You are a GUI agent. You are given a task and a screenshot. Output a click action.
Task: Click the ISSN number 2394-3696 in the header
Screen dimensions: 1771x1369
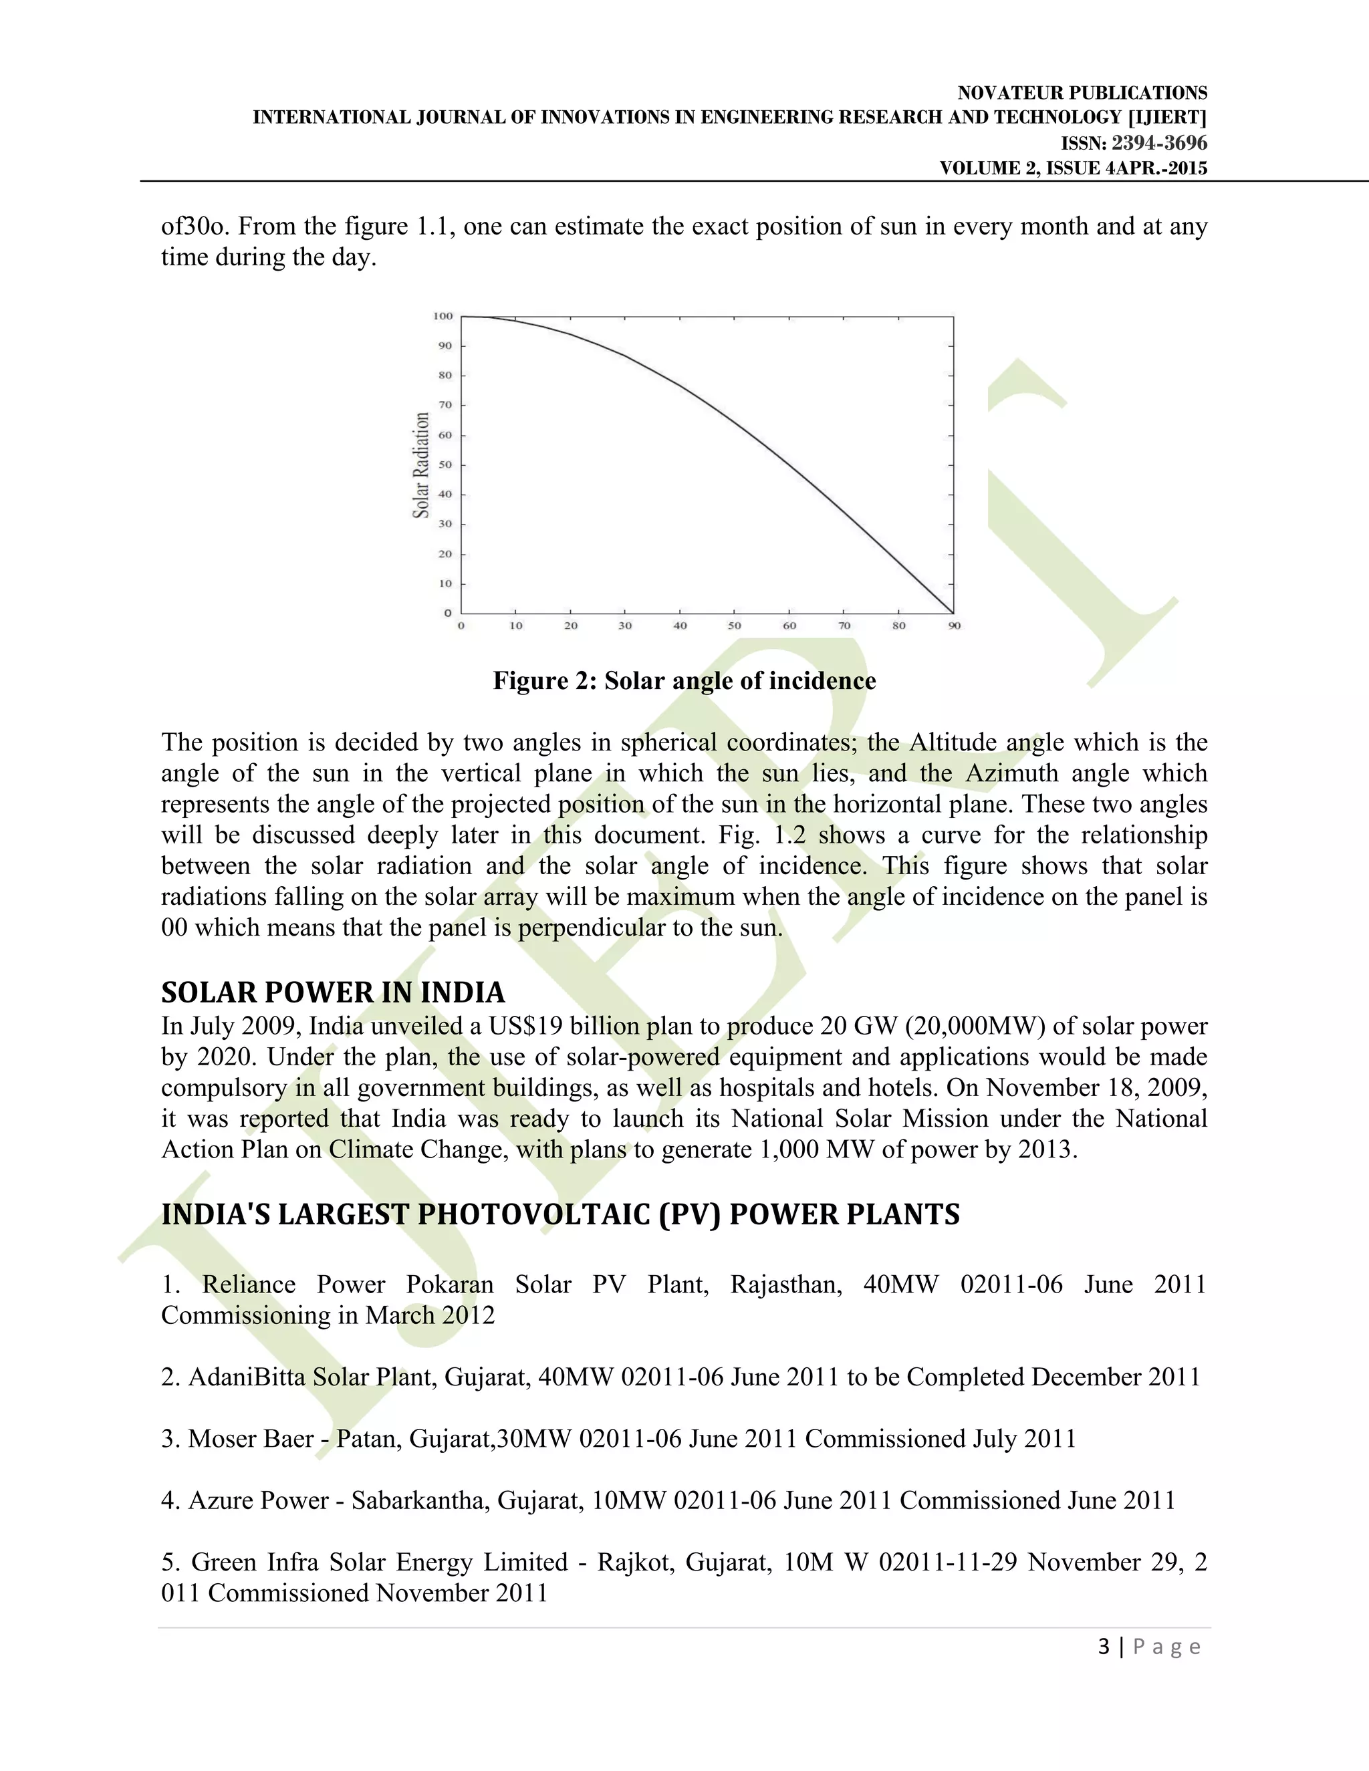tap(1159, 144)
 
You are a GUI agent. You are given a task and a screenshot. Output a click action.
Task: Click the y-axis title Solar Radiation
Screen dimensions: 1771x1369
tap(421, 464)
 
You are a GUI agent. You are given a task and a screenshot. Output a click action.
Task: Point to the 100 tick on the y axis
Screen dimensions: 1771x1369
tap(443, 316)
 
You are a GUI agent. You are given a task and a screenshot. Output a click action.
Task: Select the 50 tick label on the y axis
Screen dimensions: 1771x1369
tap(445, 464)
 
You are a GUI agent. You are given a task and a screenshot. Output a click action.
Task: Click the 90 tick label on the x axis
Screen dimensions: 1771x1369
tap(955, 626)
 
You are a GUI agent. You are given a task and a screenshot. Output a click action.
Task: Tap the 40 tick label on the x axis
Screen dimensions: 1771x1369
tap(680, 626)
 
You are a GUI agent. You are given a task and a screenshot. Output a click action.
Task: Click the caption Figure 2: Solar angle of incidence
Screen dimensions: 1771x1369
tap(684, 680)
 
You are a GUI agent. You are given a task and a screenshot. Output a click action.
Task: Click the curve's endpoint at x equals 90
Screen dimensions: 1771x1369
tap(953, 613)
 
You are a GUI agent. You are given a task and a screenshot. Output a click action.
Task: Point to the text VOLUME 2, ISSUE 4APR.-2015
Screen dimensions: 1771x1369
tap(1073, 168)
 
